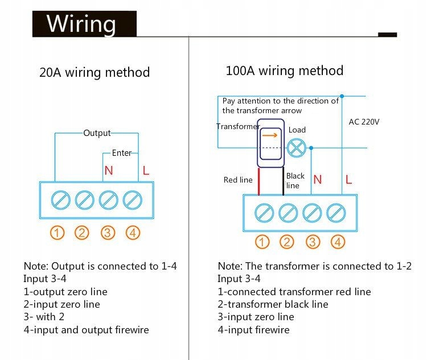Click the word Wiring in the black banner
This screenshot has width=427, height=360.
pos(81,24)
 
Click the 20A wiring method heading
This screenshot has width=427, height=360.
pos(95,73)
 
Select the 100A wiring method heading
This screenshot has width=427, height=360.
pos(285,71)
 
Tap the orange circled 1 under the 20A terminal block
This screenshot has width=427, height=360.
pos(58,232)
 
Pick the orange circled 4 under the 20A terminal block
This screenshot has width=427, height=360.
pos(133,232)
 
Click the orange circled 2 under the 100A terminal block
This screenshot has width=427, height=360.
pos(287,242)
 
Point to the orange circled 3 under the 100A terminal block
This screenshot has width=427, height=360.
pos(313,242)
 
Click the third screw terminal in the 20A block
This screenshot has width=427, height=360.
pos(108,200)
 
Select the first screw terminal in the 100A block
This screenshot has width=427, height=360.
pos(263,213)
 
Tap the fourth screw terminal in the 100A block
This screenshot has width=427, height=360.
pos(336,213)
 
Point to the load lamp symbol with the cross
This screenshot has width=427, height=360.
pos(296,148)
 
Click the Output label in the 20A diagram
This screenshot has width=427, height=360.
pos(97,133)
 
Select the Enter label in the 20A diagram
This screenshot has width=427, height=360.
pos(121,153)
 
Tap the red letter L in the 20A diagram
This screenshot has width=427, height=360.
pos(146,170)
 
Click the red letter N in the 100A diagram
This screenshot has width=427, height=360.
pos(318,180)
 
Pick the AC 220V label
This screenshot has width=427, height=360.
pos(364,122)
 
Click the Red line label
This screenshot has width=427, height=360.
pos(238,180)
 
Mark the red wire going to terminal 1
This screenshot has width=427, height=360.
pos(260,182)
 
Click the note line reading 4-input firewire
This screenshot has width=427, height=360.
pos(253,330)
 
